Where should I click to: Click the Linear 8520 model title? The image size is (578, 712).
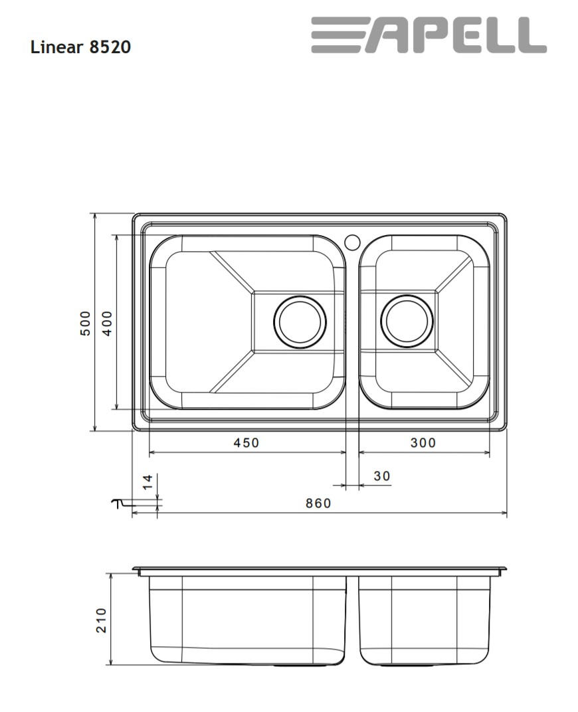(x=80, y=47)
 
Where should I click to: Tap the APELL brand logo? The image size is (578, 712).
(x=429, y=35)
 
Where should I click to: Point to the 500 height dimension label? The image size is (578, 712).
(x=85, y=323)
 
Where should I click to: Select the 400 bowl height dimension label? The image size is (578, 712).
(x=107, y=323)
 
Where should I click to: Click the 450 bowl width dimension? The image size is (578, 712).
(x=246, y=442)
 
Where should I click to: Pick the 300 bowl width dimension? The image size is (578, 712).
(x=423, y=442)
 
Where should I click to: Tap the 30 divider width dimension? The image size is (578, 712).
(x=382, y=476)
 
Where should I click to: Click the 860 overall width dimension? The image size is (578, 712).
(x=318, y=503)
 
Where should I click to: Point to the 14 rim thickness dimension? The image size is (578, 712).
(x=147, y=482)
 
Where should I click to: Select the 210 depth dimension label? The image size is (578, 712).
(x=101, y=620)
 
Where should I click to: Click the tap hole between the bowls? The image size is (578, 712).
(x=352, y=241)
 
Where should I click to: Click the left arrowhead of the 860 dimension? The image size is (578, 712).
(x=135, y=513)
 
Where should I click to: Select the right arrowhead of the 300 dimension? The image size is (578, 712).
(x=487, y=452)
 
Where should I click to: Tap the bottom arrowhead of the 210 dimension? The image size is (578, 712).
(x=111, y=662)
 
